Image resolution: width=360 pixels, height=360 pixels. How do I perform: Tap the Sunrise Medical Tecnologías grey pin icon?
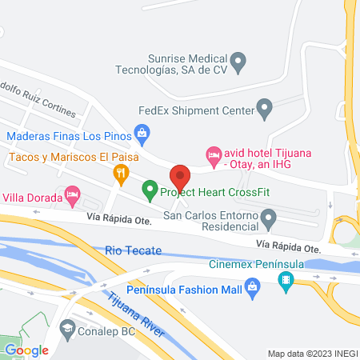click(x=238, y=60)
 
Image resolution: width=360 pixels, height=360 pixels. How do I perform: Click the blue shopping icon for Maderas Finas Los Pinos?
click(x=142, y=131)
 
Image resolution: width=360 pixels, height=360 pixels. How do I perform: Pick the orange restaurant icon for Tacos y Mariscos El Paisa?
click(x=121, y=171)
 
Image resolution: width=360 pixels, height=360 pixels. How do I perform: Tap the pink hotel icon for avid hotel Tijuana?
click(x=213, y=153)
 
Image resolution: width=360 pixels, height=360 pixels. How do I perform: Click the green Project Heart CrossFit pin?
click(x=149, y=191)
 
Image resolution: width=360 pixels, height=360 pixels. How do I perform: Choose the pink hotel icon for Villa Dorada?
click(x=72, y=193)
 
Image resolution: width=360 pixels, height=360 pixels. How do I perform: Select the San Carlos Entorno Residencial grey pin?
click(x=270, y=216)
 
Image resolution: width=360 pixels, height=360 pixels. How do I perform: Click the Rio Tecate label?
click(x=128, y=251)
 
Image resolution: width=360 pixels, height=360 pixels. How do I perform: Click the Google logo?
click(x=26, y=350)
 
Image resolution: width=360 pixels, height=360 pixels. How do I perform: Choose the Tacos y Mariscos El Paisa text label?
click(x=60, y=158)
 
